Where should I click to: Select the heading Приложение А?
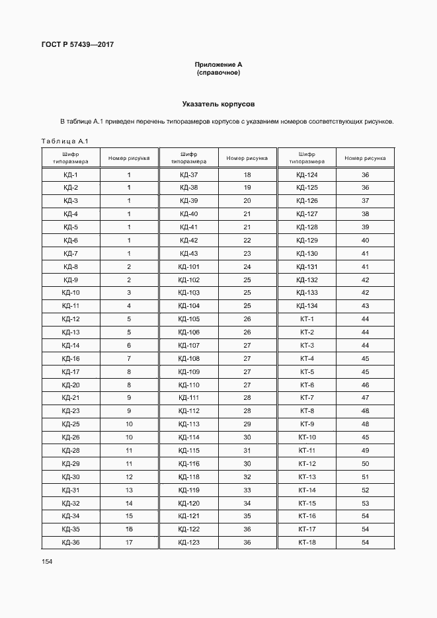point(218,64)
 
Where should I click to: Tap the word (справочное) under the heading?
point(218,72)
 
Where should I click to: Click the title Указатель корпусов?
point(218,104)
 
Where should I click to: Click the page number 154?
point(47,561)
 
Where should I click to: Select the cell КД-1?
point(71,174)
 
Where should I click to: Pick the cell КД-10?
point(71,293)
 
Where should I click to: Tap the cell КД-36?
point(71,543)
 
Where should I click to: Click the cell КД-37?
point(188,174)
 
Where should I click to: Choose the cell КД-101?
point(188,266)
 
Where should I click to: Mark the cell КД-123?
point(188,543)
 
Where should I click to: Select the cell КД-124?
point(307,174)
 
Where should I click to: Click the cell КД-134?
point(307,305)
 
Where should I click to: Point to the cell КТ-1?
point(307,319)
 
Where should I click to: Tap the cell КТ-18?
point(307,543)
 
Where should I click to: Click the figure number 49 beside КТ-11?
point(365,450)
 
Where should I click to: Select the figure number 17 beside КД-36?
point(129,543)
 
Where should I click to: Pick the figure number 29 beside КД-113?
point(247,424)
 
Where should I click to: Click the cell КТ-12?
point(307,463)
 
